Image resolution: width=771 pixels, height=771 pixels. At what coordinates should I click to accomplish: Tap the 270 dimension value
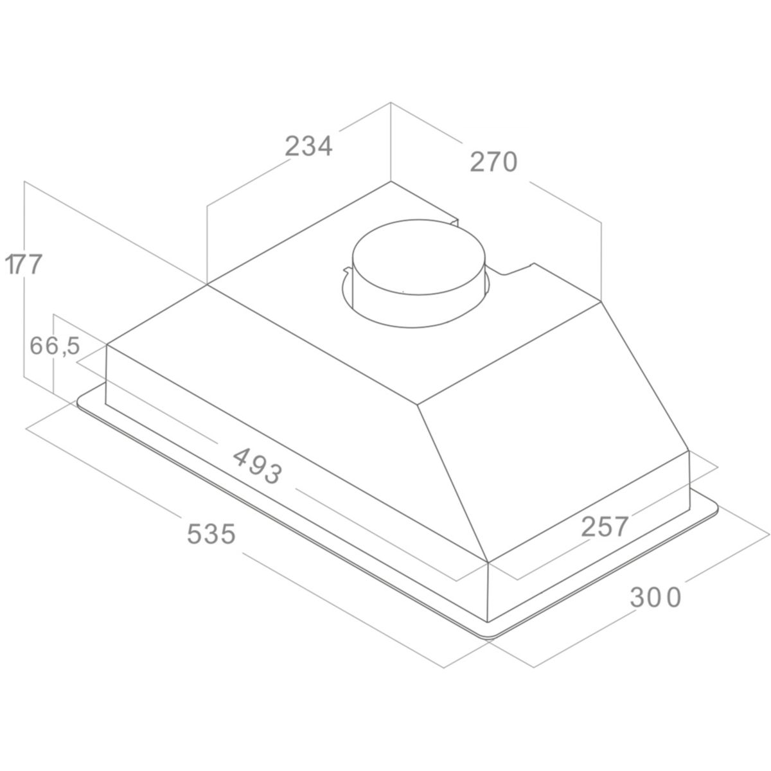tap(493, 162)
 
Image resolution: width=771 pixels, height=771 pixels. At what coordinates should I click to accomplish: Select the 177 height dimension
tap(23, 264)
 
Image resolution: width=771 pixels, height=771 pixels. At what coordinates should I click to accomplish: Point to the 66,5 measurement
tap(55, 346)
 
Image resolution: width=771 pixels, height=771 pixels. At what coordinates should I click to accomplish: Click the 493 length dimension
tap(258, 465)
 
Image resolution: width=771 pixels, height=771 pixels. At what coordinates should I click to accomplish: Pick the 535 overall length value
tap(211, 534)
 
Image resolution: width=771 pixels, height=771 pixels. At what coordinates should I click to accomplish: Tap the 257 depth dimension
tap(604, 527)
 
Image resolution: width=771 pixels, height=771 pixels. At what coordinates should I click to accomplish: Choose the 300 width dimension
tap(655, 598)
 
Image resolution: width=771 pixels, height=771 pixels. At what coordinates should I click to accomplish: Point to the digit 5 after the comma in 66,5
tap(73, 346)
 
